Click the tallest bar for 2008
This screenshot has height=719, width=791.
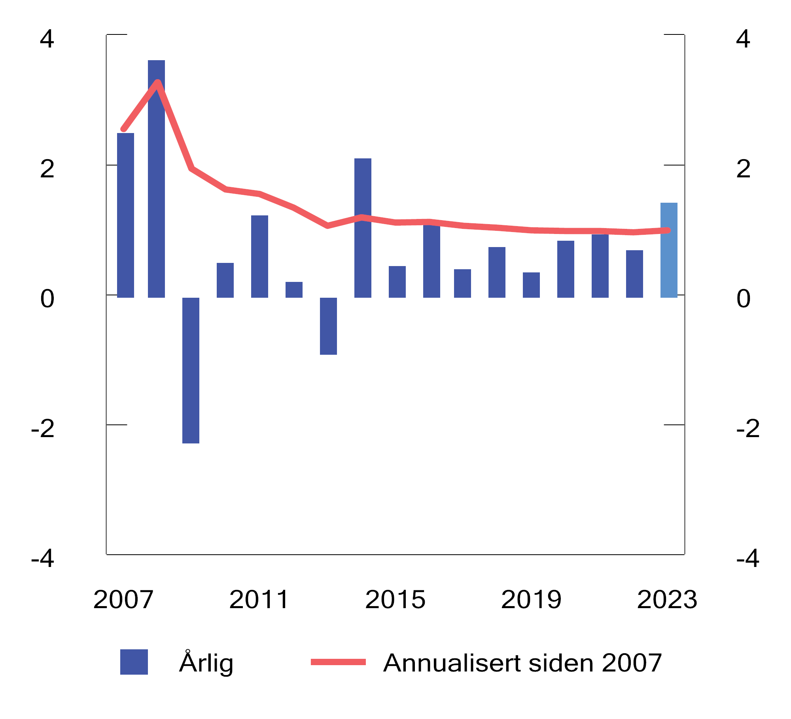tap(156, 178)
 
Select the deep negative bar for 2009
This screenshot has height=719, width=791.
tap(191, 370)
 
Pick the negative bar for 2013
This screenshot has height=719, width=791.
tap(328, 326)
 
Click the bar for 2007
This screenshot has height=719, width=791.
tap(125, 215)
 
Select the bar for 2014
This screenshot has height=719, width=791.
tap(363, 228)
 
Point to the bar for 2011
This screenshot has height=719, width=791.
tap(259, 257)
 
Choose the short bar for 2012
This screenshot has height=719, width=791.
tap(294, 290)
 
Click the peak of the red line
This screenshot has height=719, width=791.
tap(158, 82)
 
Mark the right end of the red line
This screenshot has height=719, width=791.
tap(668, 230)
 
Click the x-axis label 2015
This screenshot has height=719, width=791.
tap(395, 599)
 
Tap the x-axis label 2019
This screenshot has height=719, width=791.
tap(531, 599)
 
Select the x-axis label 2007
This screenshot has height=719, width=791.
tap(123, 599)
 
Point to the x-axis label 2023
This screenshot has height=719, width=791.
tap(667, 599)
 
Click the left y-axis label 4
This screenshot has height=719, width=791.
tap(47, 39)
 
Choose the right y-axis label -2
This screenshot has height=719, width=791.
tap(748, 428)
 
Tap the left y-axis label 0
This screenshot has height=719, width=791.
tap(47, 299)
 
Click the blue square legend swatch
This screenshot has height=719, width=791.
tap(134, 662)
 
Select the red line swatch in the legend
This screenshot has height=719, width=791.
tap(338, 662)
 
